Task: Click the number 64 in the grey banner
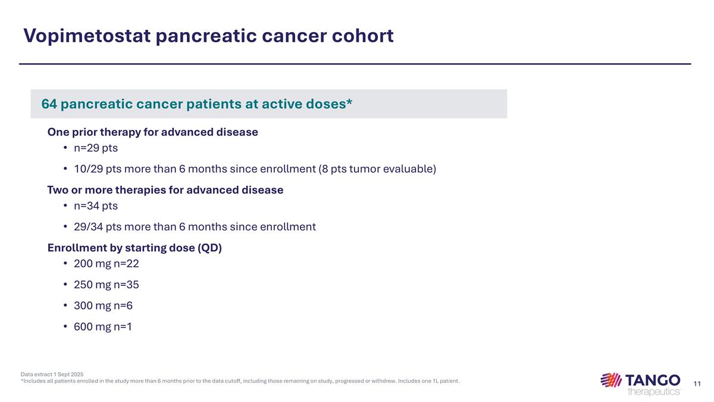point(49,104)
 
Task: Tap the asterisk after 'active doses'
point(349,102)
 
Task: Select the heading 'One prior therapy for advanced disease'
point(152,132)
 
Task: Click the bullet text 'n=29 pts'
point(96,148)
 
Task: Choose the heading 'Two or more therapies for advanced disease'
point(165,190)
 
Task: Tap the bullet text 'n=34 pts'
point(96,206)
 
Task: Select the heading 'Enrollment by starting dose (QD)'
point(134,248)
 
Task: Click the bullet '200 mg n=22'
point(106,264)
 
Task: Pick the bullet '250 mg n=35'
point(106,285)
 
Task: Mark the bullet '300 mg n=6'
point(103,306)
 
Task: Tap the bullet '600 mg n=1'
point(102,326)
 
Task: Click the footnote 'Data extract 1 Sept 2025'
point(52,374)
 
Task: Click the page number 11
point(697,382)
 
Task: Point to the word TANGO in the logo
point(653,379)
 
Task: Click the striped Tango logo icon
point(611,380)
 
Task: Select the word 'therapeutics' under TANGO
point(653,391)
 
